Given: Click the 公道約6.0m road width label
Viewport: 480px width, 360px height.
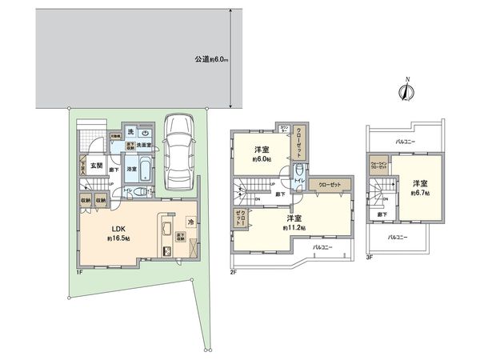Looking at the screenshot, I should [210, 59].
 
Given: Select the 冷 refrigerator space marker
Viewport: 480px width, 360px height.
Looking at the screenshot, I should [191, 222].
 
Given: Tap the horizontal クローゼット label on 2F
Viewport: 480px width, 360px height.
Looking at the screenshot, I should [329, 185].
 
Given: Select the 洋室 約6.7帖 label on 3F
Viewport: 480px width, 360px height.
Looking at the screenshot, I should [419, 186].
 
